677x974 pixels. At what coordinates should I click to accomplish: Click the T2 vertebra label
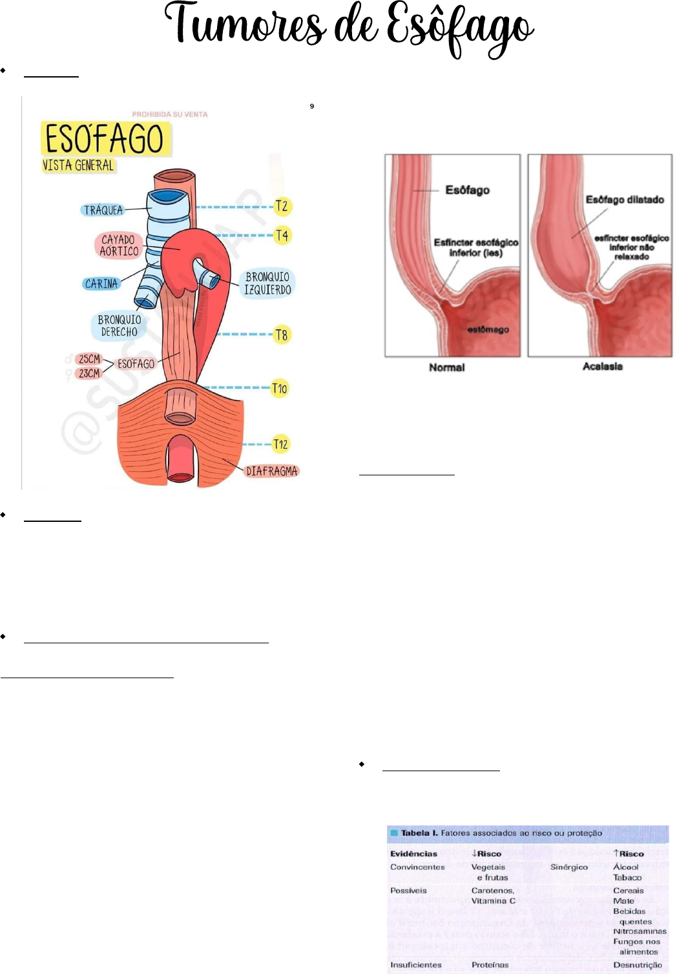(x=282, y=207)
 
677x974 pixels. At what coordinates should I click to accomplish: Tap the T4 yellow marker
(x=282, y=235)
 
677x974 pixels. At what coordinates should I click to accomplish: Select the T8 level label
(x=282, y=335)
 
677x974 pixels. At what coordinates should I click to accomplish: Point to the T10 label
(x=279, y=388)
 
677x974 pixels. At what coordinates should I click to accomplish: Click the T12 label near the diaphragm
(x=280, y=444)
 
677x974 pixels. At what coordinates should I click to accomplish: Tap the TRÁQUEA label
(x=103, y=210)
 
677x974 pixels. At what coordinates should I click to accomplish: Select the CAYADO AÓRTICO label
(x=119, y=245)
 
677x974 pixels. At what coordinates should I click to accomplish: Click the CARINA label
(x=101, y=284)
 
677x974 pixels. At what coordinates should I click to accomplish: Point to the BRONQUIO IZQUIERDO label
(x=267, y=284)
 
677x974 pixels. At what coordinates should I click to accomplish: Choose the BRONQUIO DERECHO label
(x=119, y=326)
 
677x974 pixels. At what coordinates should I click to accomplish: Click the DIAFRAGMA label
(x=271, y=471)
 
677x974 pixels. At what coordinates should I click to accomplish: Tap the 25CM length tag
(x=89, y=359)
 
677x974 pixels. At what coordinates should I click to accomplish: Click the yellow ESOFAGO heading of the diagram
(x=105, y=138)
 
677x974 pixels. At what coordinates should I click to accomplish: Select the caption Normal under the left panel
(x=446, y=368)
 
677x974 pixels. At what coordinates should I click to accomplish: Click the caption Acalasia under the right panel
(x=602, y=366)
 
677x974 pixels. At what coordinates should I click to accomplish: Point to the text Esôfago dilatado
(x=625, y=200)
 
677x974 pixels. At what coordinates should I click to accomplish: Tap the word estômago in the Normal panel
(x=488, y=329)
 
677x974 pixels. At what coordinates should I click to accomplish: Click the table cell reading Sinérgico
(x=568, y=867)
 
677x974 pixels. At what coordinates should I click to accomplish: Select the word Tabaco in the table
(x=627, y=877)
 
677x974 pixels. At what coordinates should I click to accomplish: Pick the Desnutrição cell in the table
(x=637, y=964)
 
